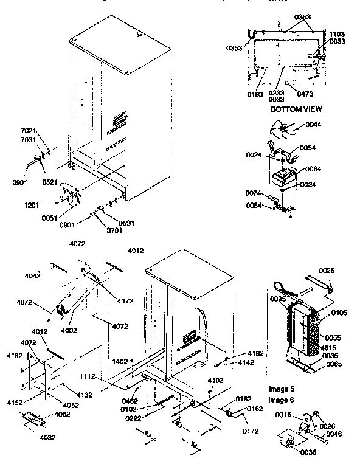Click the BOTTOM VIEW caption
point(296,109)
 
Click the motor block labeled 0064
point(280,178)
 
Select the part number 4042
point(32,276)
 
